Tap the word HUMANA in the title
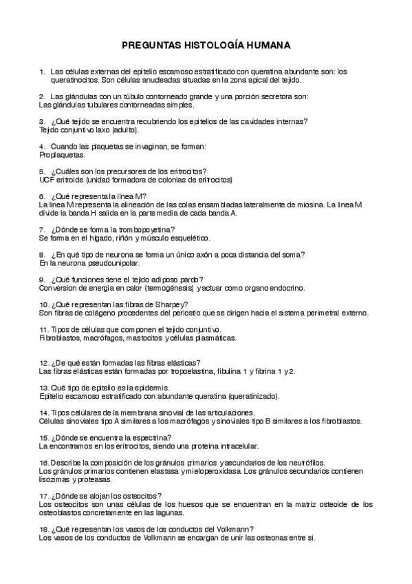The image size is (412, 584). point(268,45)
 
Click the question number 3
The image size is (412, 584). point(42,121)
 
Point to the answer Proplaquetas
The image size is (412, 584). point(61,155)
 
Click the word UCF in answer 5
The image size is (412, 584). point(48,180)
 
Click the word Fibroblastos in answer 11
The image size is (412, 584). point(61,338)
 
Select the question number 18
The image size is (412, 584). point(43,528)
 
